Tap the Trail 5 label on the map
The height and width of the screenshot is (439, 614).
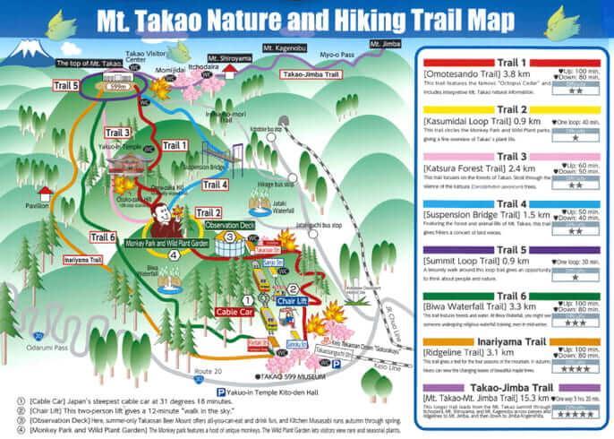tap(64, 86)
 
